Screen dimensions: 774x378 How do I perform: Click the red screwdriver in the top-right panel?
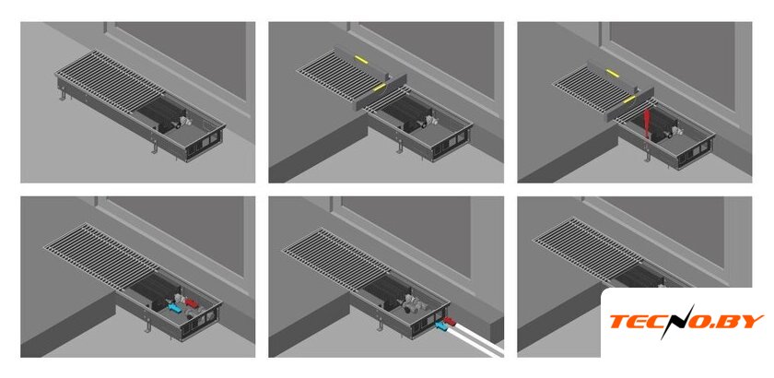(647, 123)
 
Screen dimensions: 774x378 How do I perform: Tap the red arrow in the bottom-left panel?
(192, 301)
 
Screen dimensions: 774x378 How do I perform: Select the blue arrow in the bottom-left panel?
(175, 308)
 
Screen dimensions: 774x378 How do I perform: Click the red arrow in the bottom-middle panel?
(450, 322)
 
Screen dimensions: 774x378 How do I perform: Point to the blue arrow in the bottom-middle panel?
(439, 325)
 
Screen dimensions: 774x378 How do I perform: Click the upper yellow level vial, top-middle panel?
(361, 59)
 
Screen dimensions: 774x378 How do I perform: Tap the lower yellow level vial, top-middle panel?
(380, 87)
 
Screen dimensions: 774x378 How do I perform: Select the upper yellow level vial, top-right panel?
(612, 73)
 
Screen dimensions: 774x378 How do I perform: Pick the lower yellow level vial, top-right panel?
(629, 99)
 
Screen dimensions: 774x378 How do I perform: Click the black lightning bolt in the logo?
(674, 322)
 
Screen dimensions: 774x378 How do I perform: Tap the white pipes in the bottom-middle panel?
(474, 340)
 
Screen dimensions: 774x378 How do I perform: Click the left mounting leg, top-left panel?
(63, 93)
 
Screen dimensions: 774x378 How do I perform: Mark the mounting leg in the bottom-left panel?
(147, 327)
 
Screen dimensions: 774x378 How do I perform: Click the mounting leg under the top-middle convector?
(400, 147)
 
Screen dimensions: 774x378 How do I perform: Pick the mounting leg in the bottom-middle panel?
(380, 325)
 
